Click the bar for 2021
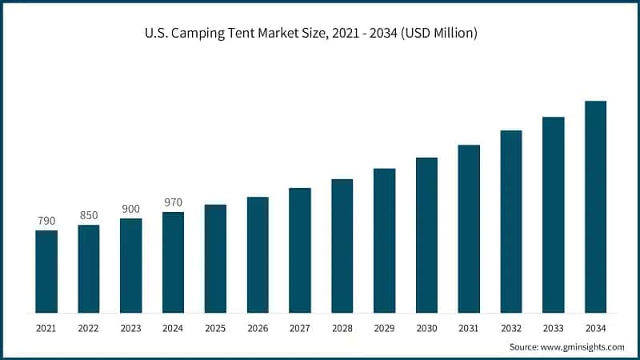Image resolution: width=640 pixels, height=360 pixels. click(46, 271)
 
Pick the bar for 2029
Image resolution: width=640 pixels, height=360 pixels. click(384, 240)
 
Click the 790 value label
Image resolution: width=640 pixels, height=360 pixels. click(46, 221)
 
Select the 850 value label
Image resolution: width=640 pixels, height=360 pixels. click(89, 215)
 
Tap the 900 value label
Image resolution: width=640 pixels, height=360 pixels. click(130, 209)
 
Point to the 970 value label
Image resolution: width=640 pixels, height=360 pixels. click(173, 202)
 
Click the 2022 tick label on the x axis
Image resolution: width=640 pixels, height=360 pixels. click(89, 328)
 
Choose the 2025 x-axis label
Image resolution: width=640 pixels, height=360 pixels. click(215, 328)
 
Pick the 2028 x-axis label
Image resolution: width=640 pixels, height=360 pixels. click(342, 328)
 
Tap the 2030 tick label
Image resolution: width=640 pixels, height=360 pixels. click(426, 328)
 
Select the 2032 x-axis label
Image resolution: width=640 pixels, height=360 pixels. click(511, 328)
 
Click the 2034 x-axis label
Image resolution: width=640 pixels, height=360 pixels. click(595, 328)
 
